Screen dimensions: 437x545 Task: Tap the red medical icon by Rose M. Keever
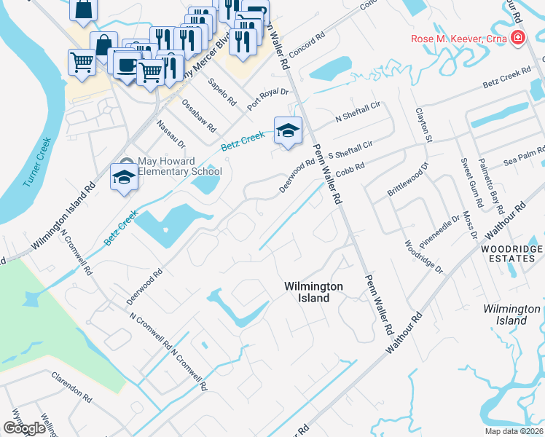tap(518, 38)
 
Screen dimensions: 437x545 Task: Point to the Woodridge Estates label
tap(511, 254)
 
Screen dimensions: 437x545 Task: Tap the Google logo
tap(24, 428)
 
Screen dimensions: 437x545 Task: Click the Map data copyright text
tap(514, 431)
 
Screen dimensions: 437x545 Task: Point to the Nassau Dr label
tap(170, 133)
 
